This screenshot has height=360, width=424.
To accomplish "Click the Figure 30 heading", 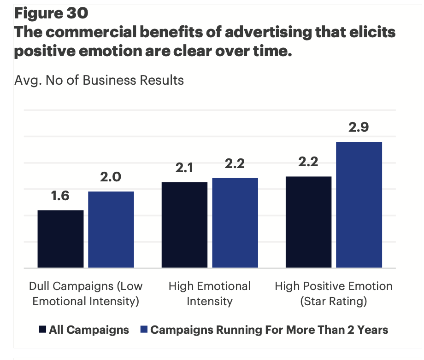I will [x=51, y=13].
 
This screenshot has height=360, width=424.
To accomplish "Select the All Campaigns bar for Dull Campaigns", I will [x=60, y=239].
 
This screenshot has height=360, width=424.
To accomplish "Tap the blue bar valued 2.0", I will [x=111, y=229].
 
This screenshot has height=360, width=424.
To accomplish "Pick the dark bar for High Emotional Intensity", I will [x=184, y=225].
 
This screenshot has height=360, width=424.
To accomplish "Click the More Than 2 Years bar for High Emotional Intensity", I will [x=235, y=223].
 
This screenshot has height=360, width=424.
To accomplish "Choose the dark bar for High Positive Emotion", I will [x=308, y=222].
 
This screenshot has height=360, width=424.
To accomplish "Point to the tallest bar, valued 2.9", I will [x=359, y=204].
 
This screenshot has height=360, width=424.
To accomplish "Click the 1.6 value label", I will [x=60, y=196].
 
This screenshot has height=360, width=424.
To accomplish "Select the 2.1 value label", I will [x=184, y=168].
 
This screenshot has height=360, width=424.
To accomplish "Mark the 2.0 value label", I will [x=111, y=177].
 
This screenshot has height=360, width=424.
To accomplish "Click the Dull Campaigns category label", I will [x=86, y=294].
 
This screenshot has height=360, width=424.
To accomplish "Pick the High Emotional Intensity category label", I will [x=210, y=294].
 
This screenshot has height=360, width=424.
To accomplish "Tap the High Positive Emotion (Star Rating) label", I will [x=334, y=294].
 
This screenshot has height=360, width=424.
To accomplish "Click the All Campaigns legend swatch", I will [x=43, y=330].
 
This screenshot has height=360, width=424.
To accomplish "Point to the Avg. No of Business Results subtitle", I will [x=99, y=80].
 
